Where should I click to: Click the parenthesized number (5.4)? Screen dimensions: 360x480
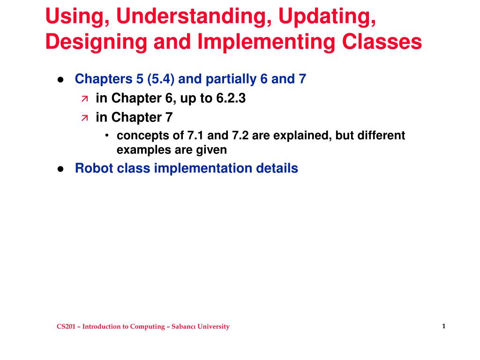[x=161, y=79]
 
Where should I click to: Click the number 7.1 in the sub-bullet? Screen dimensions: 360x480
[x=195, y=136]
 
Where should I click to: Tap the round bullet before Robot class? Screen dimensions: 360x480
[x=60, y=169]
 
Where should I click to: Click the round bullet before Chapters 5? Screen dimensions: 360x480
[x=60, y=80]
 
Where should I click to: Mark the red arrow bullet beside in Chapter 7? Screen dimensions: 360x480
[x=84, y=118]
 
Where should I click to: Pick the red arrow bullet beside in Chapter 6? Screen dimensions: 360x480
[x=84, y=99]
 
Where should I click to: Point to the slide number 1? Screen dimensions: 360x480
[x=443, y=326]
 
